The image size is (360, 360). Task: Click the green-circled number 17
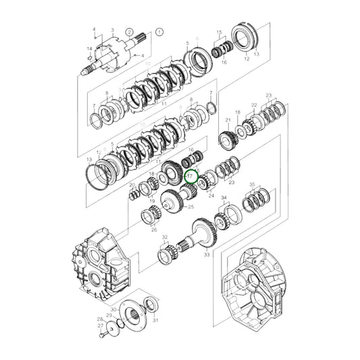coord(191,175)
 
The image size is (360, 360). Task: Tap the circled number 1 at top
coord(159,32)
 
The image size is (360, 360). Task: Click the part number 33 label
coord(207,255)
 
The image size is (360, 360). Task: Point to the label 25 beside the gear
coord(191,207)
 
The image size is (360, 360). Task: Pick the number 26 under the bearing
coord(154,230)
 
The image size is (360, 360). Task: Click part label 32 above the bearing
coord(164,238)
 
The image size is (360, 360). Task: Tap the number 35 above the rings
coord(252,184)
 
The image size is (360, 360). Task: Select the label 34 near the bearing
coord(225,199)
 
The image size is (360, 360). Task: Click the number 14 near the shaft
coord(89,49)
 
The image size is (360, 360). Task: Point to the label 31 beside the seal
coord(156,320)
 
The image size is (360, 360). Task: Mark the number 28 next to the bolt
coord(99,319)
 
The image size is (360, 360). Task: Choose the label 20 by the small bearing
coord(132,184)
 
